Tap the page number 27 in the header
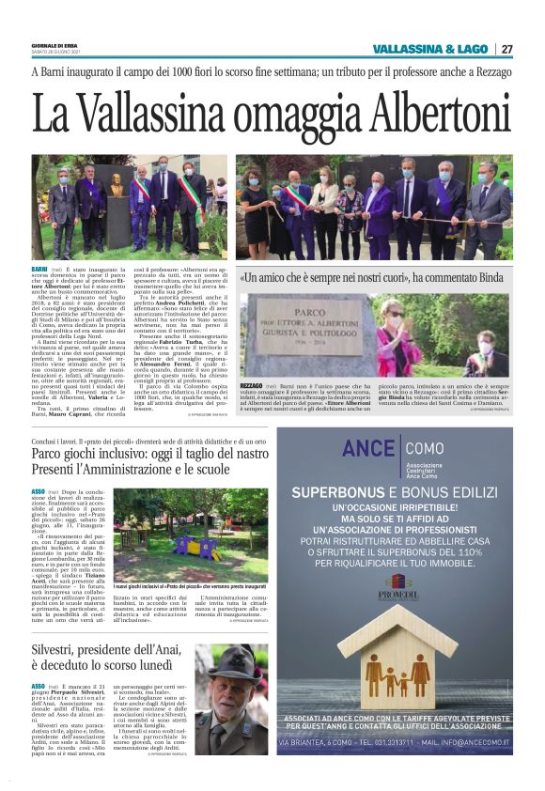tap(506, 49)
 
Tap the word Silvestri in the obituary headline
tap(63, 623)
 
